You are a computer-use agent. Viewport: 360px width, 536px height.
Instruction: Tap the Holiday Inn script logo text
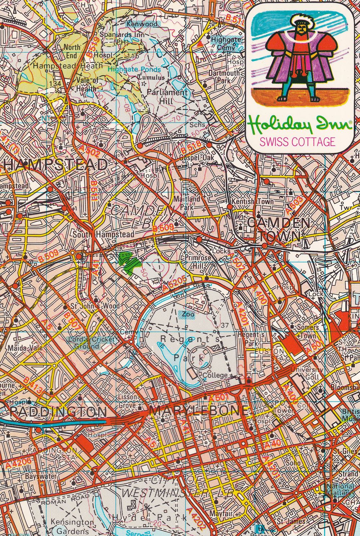click(300, 125)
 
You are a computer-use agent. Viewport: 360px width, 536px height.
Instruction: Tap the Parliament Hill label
click(167, 97)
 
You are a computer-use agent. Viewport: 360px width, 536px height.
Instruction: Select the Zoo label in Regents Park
click(188, 314)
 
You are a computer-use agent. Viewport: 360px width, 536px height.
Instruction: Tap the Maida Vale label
click(21, 348)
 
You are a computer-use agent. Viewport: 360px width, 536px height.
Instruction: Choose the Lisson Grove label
click(128, 401)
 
